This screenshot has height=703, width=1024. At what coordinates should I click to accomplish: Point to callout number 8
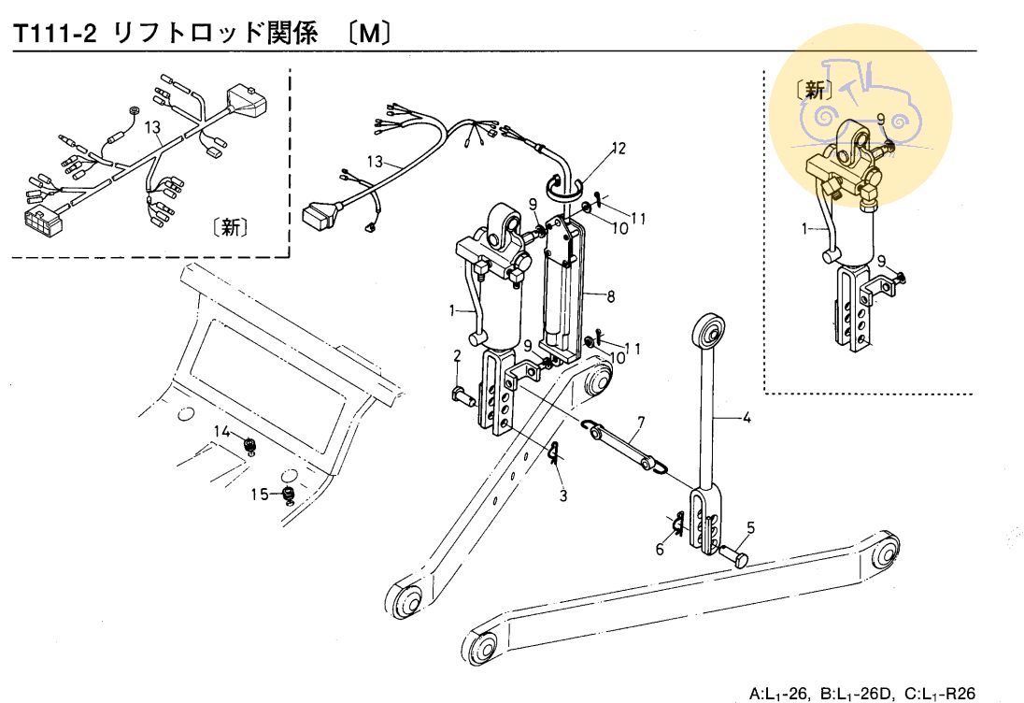coord(610,297)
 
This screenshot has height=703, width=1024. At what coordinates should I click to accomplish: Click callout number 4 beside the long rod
coord(746,418)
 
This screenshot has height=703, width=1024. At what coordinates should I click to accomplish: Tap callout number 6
coord(660,550)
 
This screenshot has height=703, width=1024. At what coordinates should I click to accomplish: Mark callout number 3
coord(563,495)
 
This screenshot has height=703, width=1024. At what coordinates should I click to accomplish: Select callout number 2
coord(457,355)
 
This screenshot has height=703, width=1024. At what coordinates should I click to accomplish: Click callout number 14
coord(221,431)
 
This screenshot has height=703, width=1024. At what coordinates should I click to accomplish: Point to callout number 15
coord(262,493)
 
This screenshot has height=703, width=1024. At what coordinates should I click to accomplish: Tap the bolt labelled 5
coord(736,557)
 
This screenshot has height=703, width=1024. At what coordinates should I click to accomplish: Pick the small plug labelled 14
coord(249,444)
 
